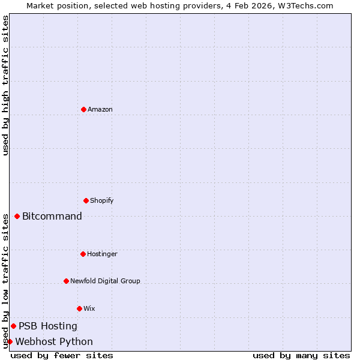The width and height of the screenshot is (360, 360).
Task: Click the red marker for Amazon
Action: click(83, 109)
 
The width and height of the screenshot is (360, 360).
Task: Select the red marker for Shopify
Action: click(86, 200)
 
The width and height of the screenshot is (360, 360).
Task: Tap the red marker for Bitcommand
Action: click(17, 216)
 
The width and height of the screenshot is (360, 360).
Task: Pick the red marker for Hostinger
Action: click(83, 254)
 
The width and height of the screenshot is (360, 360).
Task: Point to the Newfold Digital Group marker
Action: click(66, 281)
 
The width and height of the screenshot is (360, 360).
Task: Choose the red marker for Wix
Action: click(79, 308)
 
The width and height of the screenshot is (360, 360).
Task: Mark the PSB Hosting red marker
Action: click(13, 326)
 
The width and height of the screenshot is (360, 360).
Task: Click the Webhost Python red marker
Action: click(10, 341)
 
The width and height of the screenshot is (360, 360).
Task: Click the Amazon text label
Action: click(100, 109)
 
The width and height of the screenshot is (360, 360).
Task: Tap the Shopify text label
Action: click(102, 200)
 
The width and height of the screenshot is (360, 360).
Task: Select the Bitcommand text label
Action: click(52, 216)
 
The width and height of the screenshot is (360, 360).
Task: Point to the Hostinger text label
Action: click(102, 254)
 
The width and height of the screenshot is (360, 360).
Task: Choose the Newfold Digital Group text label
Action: click(105, 281)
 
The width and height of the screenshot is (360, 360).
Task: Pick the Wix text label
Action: click(89, 308)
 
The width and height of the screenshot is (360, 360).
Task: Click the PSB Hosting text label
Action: click(48, 326)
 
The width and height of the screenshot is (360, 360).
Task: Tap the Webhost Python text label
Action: click(54, 341)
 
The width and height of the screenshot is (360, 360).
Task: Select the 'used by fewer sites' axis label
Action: click(62, 355)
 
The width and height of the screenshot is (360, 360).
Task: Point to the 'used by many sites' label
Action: click(301, 355)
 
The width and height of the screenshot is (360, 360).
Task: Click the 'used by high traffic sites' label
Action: click(5, 85)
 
